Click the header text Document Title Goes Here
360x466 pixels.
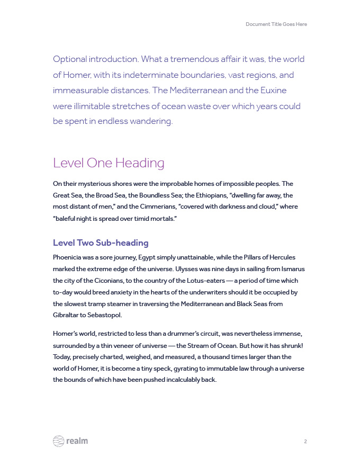276,24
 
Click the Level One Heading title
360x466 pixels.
109,163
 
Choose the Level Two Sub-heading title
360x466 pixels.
101,243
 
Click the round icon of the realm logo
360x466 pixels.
58,441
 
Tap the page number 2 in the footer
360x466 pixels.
305,441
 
